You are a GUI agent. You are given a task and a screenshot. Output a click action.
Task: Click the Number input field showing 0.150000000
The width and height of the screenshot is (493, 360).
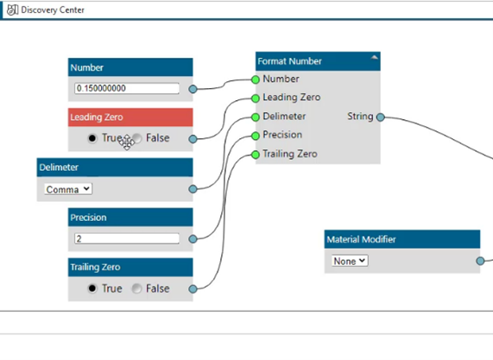click(127, 88)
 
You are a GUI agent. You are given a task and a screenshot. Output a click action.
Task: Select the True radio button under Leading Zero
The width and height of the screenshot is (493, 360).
click(92, 138)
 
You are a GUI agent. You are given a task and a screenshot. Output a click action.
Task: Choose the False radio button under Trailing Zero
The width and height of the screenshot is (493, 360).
click(136, 288)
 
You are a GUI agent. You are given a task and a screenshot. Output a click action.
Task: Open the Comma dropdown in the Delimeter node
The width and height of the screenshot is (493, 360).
click(68, 189)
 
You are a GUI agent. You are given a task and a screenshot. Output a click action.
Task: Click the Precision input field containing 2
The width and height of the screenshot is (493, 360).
click(127, 238)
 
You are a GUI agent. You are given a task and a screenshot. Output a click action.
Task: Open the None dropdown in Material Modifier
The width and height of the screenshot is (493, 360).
click(350, 261)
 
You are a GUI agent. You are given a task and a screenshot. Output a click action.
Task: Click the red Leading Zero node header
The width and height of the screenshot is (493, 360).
click(130, 117)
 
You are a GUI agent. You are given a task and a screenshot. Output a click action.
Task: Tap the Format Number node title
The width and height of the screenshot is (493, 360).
click(289, 61)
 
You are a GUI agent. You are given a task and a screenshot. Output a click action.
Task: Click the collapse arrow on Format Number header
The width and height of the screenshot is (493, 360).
click(374, 58)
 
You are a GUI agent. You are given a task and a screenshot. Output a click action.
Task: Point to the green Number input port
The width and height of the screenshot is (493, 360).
click(256, 79)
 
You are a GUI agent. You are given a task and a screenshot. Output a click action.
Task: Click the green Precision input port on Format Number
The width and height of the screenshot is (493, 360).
click(256, 136)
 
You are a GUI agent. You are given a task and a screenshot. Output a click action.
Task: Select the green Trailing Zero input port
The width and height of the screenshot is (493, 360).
click(256, 155)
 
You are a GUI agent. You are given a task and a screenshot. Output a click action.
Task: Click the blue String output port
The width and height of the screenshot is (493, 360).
click(381, 117)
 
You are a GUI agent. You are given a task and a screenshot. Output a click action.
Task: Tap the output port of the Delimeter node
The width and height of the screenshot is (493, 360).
click(193, 189)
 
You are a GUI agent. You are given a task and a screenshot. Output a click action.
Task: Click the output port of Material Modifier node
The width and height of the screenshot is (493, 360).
click(480, 261)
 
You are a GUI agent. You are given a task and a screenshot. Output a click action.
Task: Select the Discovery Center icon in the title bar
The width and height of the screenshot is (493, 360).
click(12, 9)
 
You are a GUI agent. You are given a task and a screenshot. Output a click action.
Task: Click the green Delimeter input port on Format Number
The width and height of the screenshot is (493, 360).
click(256, 117)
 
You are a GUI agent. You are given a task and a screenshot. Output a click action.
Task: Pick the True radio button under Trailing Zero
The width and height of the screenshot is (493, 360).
click(92, 288)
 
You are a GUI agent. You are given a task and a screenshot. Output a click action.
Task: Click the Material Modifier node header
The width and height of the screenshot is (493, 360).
click(402, 239)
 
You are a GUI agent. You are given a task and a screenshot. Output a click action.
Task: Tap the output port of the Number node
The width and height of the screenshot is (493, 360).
click(193, 89)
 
